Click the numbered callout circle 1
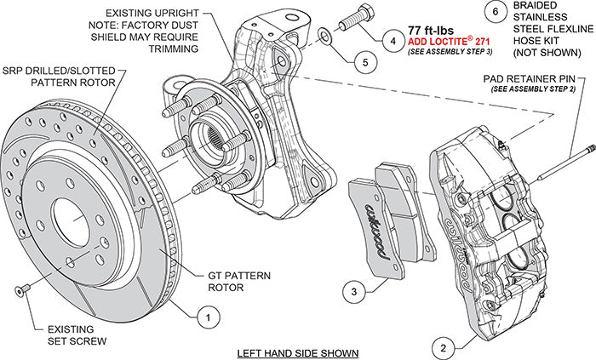203,317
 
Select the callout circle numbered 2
440,346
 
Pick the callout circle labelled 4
393,40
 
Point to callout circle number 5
363,61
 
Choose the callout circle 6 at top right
495,13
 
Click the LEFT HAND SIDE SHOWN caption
298,351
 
